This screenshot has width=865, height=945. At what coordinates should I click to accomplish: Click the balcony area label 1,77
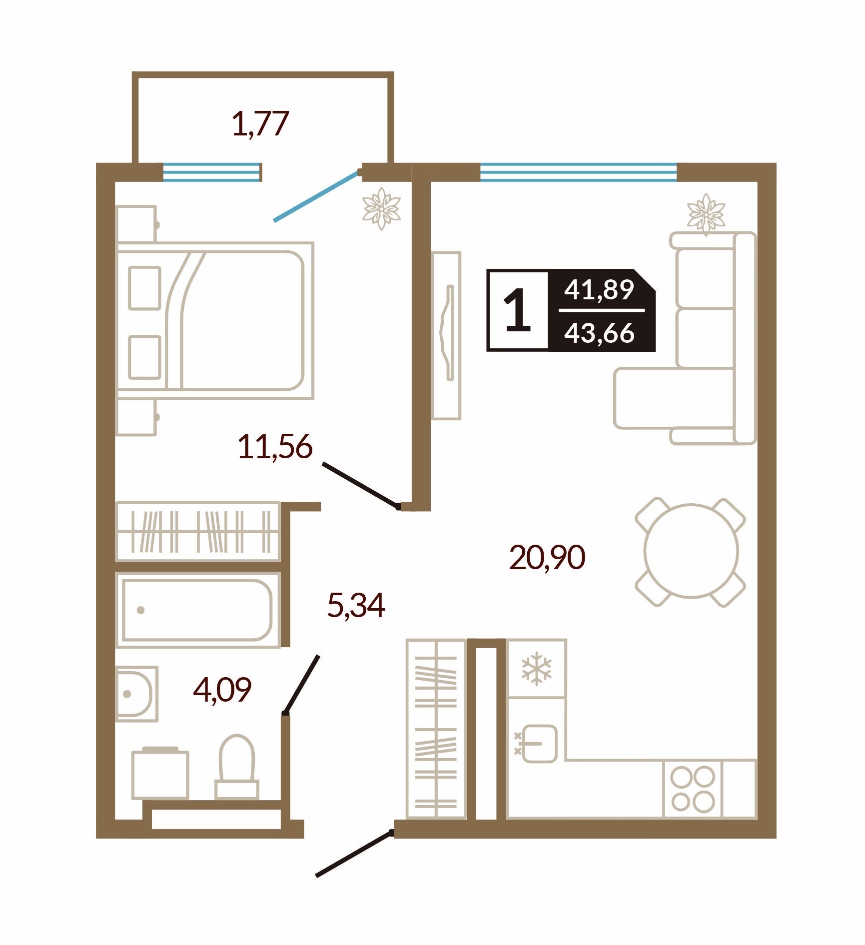[x=260, y=124]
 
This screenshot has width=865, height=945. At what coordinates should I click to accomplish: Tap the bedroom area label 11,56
[x=275, y=446]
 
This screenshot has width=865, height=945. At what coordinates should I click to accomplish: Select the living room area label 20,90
[x=547, y=558]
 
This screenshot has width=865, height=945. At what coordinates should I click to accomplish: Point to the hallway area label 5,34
[x=356, y=606]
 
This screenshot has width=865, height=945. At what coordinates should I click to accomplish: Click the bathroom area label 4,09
[x=222, y=690]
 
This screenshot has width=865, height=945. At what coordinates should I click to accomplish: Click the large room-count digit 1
[x=517, y=311]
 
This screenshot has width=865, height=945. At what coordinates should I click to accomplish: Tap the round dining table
[x=691, y=551]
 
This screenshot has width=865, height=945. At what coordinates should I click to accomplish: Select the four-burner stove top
[x=693, y=789]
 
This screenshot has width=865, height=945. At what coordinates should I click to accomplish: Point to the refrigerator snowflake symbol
[x=536, y=668]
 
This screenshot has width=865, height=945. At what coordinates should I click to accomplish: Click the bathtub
[x=197, y=610]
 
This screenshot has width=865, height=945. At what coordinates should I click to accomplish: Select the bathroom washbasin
[x=136, y=694]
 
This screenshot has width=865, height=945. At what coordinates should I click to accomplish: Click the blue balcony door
[x=316, y=196]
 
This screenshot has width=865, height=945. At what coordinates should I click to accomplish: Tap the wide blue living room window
[x=578, y=172]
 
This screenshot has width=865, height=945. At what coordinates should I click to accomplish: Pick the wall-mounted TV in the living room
[x=446, y=335]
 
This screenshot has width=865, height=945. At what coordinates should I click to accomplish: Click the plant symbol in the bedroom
[x=381, y=208]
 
